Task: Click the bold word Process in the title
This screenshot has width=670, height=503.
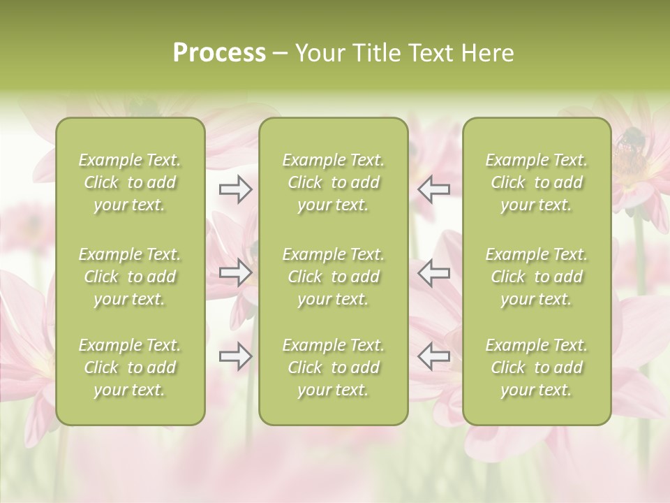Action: pyautogui.click(x=219, y=53)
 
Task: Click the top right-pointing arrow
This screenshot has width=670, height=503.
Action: pyautogui.click(x=236, y=189)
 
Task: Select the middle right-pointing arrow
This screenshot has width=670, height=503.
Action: pyautogui.click(x=236, y=273)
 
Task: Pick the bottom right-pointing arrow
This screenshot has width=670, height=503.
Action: pyautogui.click(x=236, y=356)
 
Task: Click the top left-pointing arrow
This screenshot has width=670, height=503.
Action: pyautogui.click(x=433, y=189)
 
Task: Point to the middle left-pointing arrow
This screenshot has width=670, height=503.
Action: pyautogui.click(x=433, y=273)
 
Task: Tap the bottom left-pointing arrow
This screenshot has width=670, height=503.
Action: pyautogui.click(x=433, y=356)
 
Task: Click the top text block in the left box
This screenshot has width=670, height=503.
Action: pyautogui.click(x=130, y=182)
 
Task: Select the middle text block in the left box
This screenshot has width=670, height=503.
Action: pyautogui.click(x=130, y=277)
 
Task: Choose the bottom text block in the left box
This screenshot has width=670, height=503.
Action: pyautogui.click(x=130, y=367)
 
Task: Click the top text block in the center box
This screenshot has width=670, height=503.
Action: pyautogui.click(x=334, y=182)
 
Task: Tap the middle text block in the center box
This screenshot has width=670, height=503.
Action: pyautogui.click(x=334, y=277)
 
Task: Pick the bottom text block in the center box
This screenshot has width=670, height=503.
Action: pyautogui.click(x=334, y=367)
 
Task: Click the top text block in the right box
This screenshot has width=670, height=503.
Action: pyautogui.click(x=537, y=182)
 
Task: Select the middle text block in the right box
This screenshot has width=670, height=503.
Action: pyautogui.click(x=537, y=277)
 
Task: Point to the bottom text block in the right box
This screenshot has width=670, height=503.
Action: pyautogui.click(x=537, y=367)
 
